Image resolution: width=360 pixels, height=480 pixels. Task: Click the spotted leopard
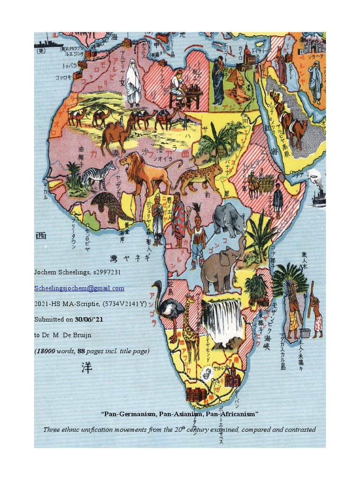click(199, 178)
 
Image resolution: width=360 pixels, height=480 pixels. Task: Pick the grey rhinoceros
click(228, 217)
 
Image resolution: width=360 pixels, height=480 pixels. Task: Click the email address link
click(79, 288)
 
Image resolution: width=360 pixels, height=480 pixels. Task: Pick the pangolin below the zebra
click(111, 207)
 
